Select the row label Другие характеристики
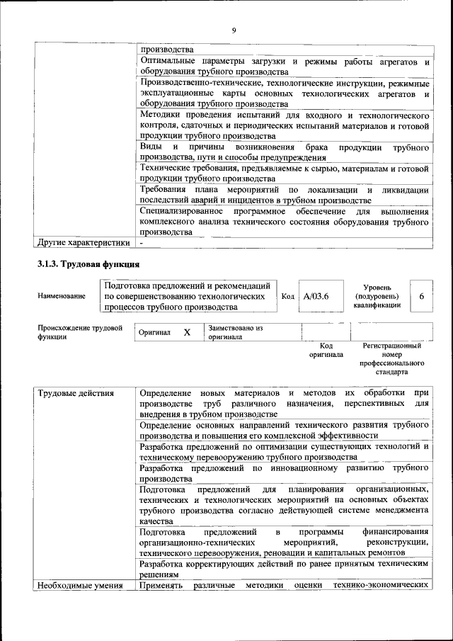(x=83, y=243)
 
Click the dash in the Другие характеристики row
(x=142, y=243)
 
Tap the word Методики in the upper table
(x=160, y=115)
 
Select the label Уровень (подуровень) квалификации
(x=377, y=296)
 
